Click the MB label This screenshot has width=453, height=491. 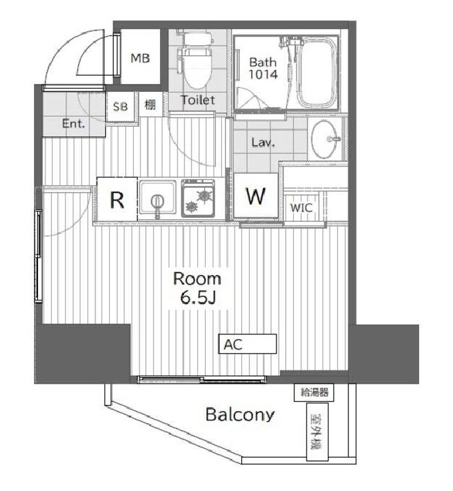click(140, 58)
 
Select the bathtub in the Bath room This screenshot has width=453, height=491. click(318, 73)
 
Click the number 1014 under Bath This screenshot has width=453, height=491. click(263, 75)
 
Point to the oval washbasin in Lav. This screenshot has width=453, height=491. click(326, 139)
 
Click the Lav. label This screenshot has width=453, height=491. click(263, 143)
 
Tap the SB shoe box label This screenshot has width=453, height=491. click(121, 107)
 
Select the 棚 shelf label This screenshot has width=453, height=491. click(150, 105)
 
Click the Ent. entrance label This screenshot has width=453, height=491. click(73, 123)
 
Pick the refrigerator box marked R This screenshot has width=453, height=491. click(117, 199)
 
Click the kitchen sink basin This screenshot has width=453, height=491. click(157, 197)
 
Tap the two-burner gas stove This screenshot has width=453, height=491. click(198, 199)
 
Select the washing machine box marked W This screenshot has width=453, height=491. click(256, 196)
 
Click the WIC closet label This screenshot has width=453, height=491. click(301, 207)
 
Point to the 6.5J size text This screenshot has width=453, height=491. click(198, 298)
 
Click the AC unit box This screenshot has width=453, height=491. click(247, 344)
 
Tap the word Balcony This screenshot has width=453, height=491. click(240, 414)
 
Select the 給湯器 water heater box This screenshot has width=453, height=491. click(314, 392)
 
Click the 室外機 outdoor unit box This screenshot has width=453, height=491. click(317, 432)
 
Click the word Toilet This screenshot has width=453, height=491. click(198, 100)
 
